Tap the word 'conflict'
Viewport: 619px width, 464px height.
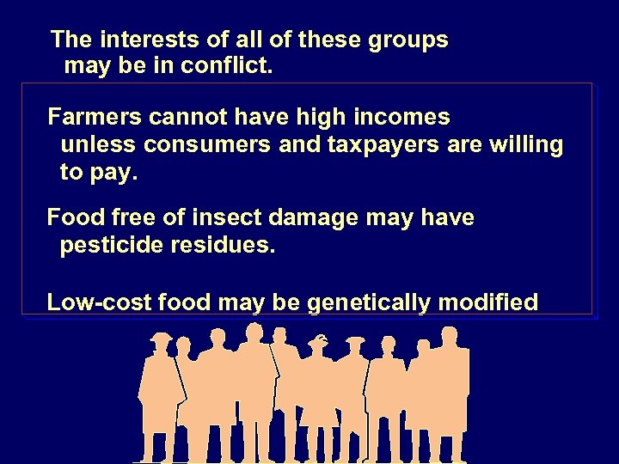(x=227, y=65)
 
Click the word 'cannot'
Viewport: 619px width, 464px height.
(x=181, y=116)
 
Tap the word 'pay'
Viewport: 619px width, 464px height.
(x=118, y=174)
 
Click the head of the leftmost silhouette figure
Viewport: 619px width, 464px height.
(x=160, y=342)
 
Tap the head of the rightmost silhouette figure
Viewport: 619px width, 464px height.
(x=450, y=336)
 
